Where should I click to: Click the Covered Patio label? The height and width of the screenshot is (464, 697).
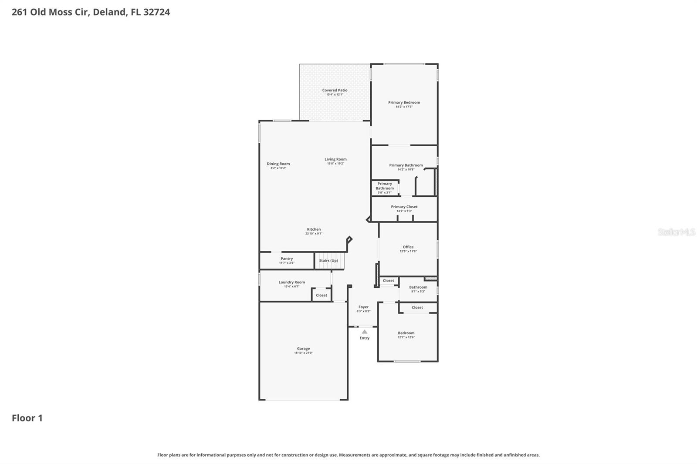335,90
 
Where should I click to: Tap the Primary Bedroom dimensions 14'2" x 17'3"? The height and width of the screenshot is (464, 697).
404,107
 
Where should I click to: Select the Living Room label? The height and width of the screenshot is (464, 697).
335,159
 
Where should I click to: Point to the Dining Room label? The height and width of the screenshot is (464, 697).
278,164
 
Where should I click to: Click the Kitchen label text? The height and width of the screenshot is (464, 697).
314,229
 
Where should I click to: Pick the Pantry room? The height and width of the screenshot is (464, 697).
287,260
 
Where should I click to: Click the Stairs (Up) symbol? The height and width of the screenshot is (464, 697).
329,261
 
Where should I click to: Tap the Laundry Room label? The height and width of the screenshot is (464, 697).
291,282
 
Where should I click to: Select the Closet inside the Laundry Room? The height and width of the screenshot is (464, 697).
321,295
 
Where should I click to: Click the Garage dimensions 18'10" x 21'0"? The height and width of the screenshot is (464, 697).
303,353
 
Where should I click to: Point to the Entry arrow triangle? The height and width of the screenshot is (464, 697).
365,332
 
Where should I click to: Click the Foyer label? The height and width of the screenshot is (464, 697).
363,307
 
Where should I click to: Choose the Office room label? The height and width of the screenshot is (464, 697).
408,247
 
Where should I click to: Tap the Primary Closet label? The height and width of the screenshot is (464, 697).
404,207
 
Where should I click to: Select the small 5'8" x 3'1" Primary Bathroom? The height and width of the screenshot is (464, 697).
385,188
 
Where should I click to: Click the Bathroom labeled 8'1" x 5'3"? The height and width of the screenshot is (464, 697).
418,289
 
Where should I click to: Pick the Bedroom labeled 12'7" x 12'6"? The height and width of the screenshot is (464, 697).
406,335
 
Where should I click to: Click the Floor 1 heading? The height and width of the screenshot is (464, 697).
27,418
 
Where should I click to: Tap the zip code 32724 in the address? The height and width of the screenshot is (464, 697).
156,12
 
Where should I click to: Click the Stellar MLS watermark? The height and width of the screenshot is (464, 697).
676,232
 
